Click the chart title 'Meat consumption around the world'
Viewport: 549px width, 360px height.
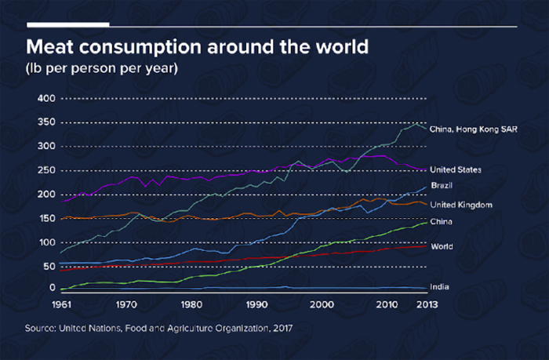tap(197, 47)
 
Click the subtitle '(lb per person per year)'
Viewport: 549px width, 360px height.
tap(101, 68)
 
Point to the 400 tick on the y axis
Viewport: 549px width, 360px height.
tap(46, 98)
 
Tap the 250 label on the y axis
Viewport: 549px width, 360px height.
tap(46, 170)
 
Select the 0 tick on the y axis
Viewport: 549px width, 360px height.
tap(53, 288)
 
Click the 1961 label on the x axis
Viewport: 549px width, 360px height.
tap(62, 304)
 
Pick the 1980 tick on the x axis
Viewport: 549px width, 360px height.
tap(191, 304)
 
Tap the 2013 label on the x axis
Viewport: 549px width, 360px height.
tap(427, 304)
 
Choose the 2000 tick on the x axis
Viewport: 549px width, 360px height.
tap(322, 304)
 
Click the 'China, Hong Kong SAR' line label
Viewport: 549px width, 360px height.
tap(474, 129)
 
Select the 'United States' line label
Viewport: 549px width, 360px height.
tap(456, 170)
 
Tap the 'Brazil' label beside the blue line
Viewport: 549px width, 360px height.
tap(442, 185)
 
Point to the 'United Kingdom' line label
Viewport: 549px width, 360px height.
tap(461, 205)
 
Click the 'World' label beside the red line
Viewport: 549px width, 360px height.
tap(442, 246)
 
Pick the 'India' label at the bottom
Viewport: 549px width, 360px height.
tap(439, 287)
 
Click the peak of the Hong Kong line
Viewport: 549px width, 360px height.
tap(416, 124)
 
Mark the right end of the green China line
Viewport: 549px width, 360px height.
tap(427, 223)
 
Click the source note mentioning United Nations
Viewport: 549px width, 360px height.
tap(158, 329)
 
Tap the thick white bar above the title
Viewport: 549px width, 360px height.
tap(68, 24)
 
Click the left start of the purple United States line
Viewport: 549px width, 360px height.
tap(62, 202)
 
